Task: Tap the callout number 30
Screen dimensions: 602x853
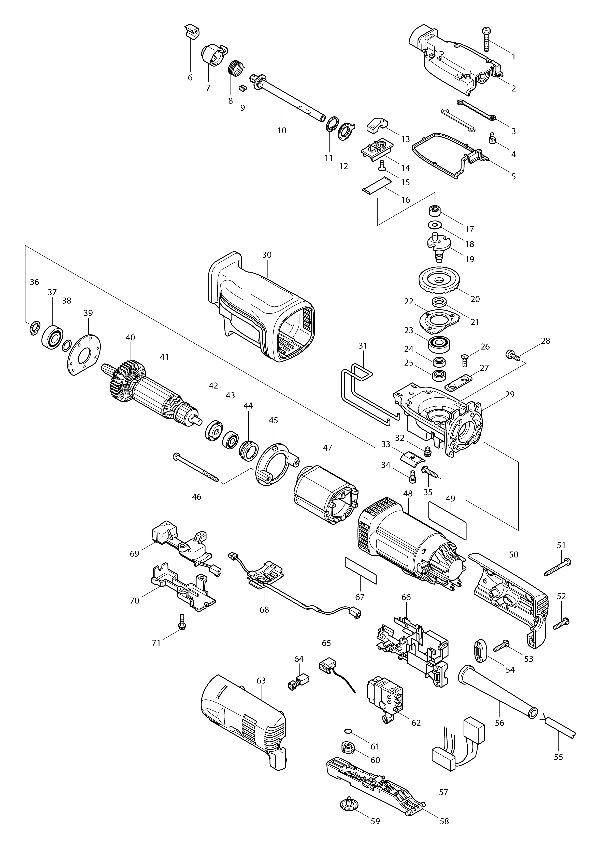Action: [267, 255]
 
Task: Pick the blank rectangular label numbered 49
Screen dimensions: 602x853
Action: [448, 521]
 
